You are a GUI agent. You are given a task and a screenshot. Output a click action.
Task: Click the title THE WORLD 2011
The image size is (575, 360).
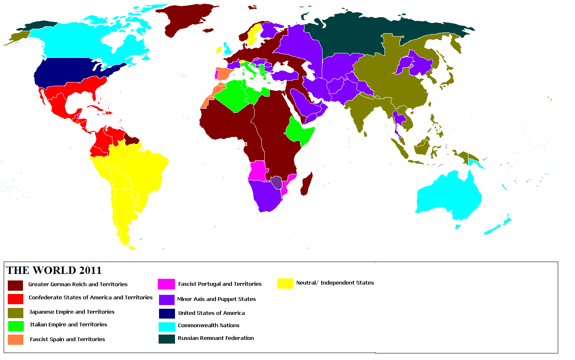point(54,270)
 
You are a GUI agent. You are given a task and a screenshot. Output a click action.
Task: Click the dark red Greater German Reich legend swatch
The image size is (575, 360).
point(16,285)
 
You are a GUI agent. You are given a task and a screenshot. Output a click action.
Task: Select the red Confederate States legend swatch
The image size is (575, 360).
point(16,298)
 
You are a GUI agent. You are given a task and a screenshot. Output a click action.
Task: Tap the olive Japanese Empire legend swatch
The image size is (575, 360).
point(16,313)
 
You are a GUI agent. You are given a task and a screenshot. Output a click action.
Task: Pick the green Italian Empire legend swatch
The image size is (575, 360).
point(16,326)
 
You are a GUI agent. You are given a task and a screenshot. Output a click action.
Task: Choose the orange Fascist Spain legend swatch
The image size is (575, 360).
point(16,339)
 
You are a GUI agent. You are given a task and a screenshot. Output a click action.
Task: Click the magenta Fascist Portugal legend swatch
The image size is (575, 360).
point(166,284)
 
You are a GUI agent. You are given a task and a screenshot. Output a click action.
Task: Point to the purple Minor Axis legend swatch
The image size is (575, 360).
point(166,299)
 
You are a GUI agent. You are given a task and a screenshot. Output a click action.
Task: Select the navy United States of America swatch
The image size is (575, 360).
point(167,313)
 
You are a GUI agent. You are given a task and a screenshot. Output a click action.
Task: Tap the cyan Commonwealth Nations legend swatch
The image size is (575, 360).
point(167,327)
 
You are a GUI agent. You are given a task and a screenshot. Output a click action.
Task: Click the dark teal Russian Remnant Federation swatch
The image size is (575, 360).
point(167,339)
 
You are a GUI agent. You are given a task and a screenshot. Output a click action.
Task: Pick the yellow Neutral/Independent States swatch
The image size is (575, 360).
point(285,283)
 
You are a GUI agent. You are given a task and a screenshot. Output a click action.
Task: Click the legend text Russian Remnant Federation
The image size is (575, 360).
point(216,338)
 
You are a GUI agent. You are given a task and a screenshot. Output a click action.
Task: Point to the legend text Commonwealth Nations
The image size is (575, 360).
point(209,326)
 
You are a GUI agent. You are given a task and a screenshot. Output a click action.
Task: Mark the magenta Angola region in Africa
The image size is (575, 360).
point(257,170)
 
